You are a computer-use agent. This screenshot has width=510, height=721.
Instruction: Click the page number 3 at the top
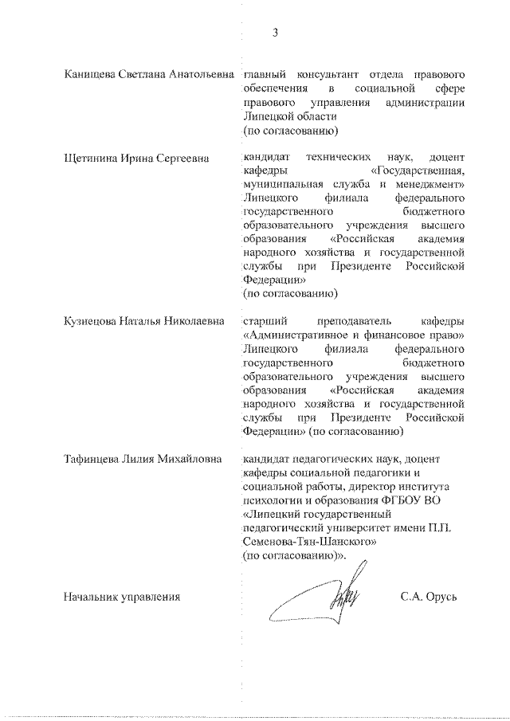[x=274, y=33]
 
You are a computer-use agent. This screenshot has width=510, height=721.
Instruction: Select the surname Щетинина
[x=91, y=159]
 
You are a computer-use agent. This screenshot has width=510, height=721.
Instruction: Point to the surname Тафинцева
[x=94, y=459]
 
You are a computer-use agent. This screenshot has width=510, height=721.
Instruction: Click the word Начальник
[x=92, y=597]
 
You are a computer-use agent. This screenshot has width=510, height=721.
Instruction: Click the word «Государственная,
[x=418, y=170]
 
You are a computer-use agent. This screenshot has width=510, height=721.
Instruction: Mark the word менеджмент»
[x=426, y=184]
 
